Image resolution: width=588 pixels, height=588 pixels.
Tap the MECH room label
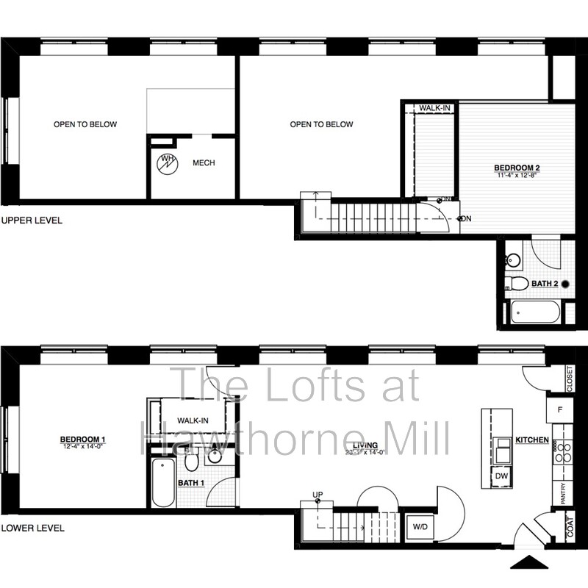pyautogui.click(x=204, y=163)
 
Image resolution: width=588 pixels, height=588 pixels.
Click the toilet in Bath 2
pyautogui.click(x=520, y=283)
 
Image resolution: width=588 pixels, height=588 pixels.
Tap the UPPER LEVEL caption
pyautogui.click(x=32, y=220)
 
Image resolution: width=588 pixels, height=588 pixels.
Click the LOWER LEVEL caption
pyautogui.click(x=32, y=528)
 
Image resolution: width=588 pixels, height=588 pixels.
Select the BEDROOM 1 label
pyautogui.click(x=82, y=440)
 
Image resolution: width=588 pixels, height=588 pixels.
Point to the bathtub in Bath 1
pyautogui.click(x=163, y=482)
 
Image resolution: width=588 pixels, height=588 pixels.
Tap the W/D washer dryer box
pyautogui.click(x=420, y=527)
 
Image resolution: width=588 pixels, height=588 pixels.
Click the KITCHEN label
pyautogui.click(x=531, y=440)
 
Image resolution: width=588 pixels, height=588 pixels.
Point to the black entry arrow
pyautogui.click(x=529, y=563)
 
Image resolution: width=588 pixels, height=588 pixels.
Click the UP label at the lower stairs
pyautogui.click(x=318, y=494)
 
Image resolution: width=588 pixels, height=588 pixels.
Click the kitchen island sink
pyautogui.click(x=502, y=447)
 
